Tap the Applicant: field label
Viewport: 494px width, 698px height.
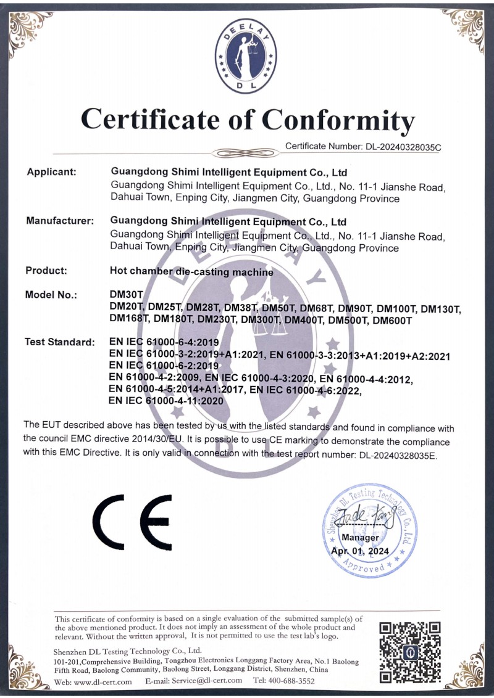(51, 171)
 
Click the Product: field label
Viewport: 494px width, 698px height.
(46, 270)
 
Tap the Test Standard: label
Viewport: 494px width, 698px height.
(59, 342)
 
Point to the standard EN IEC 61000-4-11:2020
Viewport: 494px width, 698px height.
(165, 400)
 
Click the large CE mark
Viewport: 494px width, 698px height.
(133, 522)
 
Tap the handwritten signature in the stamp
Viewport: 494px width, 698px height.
(365, 517)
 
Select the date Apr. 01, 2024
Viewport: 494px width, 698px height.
(361, 551)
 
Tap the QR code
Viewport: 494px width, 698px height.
(410, 651)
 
